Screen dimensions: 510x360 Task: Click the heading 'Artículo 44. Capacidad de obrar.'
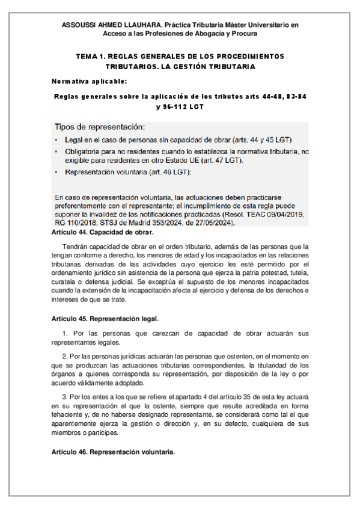pyautogui.click(x=103, y=232)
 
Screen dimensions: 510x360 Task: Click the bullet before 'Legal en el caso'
pyautogui.click(x=56, y=140)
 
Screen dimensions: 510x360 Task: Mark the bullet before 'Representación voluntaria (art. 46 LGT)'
pyautogui.click(x=56, y=172)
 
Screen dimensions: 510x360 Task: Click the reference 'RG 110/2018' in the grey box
pyautogui.click(x=75, y=223)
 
